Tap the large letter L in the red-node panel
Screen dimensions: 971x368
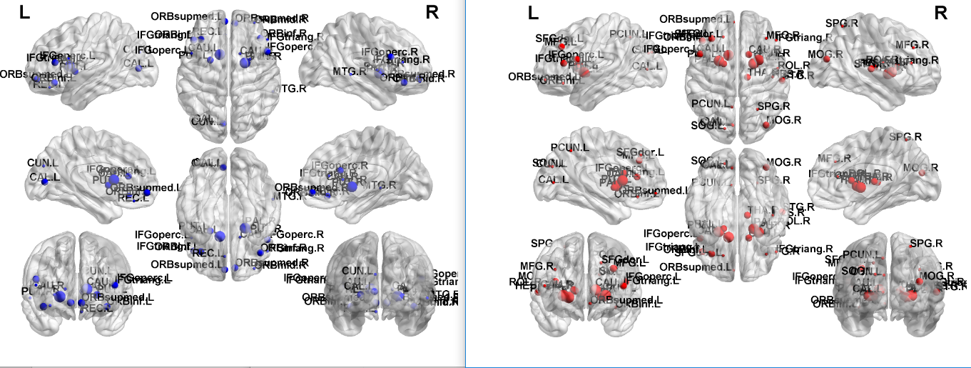pyautogui.click(x=532, y=12)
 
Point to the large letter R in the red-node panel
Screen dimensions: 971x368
pyautogui.click(x=940, y=12)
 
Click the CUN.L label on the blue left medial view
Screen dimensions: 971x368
pyautogui.click(x=41, y=163)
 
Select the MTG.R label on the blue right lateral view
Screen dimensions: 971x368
pyautogui.click(x=346, y=71)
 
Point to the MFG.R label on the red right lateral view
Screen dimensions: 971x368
pyautogui.click(x=914, y=45)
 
